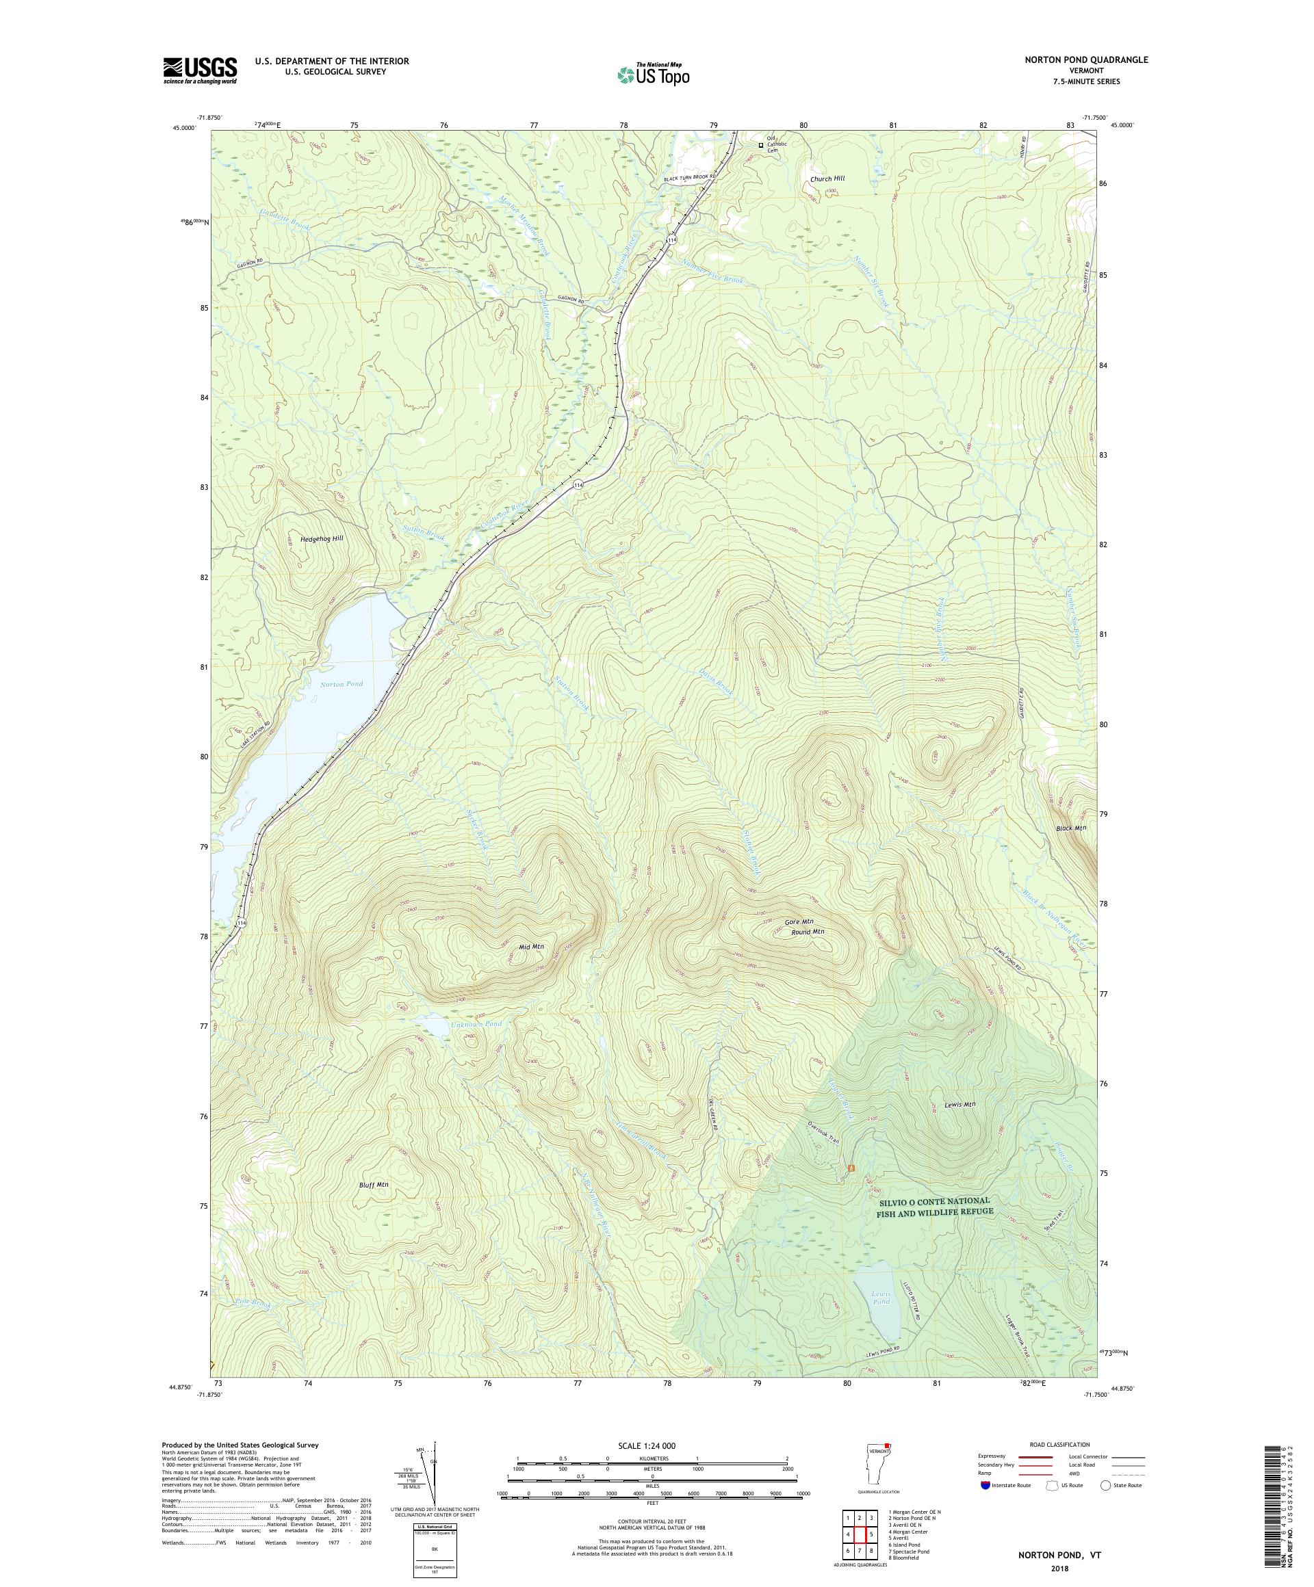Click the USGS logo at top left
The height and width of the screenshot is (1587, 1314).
[200, 70]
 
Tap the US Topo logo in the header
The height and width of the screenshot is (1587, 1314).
[654, 73]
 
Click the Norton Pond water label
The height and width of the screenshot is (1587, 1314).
[341, 684]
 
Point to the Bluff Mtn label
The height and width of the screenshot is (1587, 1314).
[374, 1206]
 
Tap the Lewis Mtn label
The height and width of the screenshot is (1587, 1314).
[959, 1105]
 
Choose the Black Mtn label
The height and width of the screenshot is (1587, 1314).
[1070, 828]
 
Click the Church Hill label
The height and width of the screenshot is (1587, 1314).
[827, 179]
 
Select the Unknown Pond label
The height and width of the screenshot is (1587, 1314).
[476, 1024]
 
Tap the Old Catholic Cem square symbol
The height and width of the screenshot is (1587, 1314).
[761, 145]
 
